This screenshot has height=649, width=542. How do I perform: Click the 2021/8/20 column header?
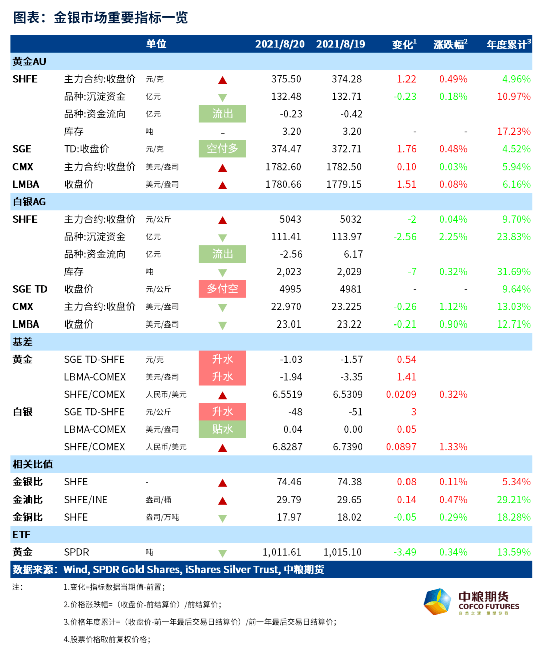coord(280,44)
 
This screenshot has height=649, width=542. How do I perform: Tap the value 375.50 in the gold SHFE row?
coord(286,79)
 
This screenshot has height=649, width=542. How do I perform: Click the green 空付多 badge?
coord(222,149)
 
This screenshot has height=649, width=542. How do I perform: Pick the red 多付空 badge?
coord(222,289)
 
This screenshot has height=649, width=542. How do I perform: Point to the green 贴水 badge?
coord(222,429)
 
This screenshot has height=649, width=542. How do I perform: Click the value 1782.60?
coord(283,167)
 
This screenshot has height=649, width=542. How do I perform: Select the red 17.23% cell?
coord(514,131)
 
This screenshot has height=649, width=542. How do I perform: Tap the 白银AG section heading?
coord(29,202)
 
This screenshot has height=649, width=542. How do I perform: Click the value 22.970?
coord(286,307)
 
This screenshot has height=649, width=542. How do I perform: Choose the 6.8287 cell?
coord(287,447)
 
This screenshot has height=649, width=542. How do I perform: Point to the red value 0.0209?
coord(401,394)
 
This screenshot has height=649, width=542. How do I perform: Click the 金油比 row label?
coord(28,500)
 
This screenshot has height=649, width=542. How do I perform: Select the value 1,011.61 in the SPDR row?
coord(282,552)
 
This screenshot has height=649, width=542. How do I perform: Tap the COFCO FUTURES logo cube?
coord(437,602)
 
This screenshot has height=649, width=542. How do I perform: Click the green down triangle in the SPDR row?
coord(222,553)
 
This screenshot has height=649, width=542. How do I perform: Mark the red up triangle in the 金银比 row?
coord(222,482)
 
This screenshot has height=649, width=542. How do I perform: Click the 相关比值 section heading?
coord(33,464)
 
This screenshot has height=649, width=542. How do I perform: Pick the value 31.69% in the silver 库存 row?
coord(514,272)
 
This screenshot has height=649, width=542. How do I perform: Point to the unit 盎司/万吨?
coord(162,517)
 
